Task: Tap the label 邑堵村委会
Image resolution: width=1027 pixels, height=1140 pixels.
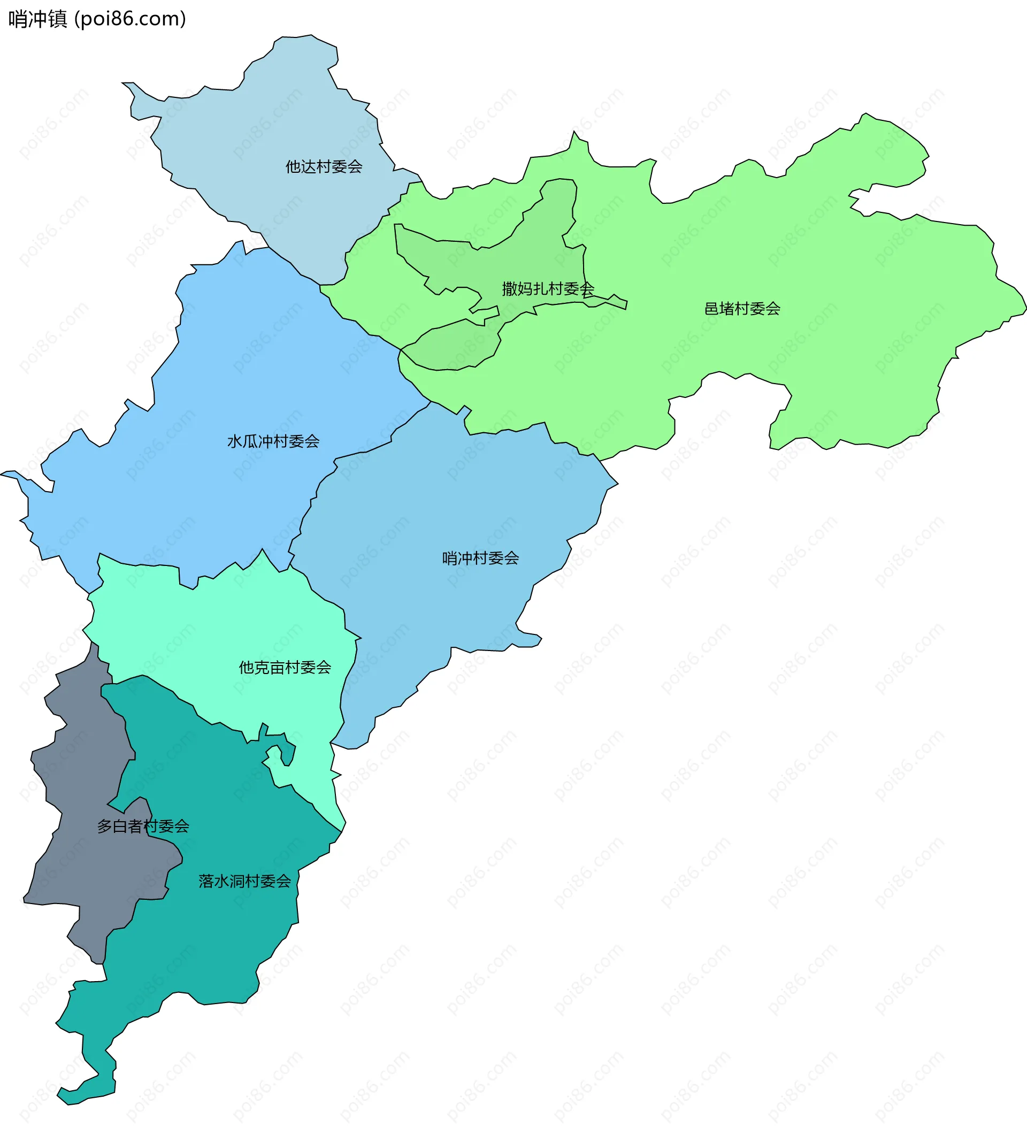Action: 742,309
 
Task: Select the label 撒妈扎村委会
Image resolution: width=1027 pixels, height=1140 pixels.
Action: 547,289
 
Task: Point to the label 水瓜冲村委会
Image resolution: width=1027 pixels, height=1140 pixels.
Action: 273,441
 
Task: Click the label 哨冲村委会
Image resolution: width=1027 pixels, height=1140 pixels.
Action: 480,558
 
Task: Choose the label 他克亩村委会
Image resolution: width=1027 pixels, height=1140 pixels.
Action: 285,668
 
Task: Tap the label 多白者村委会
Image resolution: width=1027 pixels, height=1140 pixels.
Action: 143,826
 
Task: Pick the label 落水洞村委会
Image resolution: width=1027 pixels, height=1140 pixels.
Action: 244,881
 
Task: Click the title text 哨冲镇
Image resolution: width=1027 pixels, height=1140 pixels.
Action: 38,19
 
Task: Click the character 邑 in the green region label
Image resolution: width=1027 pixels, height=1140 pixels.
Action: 711,309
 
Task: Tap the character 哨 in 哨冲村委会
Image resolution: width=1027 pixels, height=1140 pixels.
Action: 450,558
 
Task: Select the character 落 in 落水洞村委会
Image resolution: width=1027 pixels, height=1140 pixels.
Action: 206,881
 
